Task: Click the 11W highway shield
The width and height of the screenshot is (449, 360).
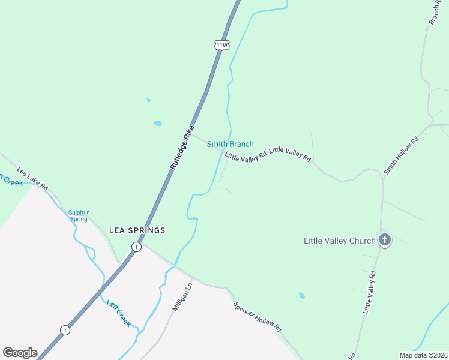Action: (x=221, y=45)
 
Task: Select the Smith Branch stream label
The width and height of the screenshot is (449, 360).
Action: (x=230, y=144)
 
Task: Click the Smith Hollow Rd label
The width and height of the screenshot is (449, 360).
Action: (x=400, y=157)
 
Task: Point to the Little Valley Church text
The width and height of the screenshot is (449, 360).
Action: (x=340, y=241)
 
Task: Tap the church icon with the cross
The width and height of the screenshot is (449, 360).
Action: (x=385, y=240)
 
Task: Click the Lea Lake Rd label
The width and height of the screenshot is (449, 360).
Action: (x=32, y=178)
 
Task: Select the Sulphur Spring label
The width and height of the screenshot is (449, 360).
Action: (x=78, y=215)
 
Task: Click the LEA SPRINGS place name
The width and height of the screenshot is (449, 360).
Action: (x=137, y=230)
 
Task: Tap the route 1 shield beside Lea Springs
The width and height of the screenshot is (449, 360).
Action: (x=137, y=247)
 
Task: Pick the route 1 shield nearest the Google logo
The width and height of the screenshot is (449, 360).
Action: (x=65, y=330)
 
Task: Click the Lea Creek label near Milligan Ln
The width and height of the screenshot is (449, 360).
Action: (x=119, y=313)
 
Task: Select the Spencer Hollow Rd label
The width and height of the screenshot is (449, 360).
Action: (x=258, y=317)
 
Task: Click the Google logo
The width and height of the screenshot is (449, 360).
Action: (x=20, y=353)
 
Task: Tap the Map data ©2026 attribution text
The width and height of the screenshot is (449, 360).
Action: (x=423, y=355)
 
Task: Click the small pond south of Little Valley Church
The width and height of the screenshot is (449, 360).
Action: (x=301, y=295)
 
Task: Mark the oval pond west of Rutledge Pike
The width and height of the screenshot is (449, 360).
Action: (x=158, y=124)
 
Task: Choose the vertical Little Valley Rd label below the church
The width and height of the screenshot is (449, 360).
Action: (x=369, y=292)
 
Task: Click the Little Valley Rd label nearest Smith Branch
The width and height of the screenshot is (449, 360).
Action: (x=246, y=157)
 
